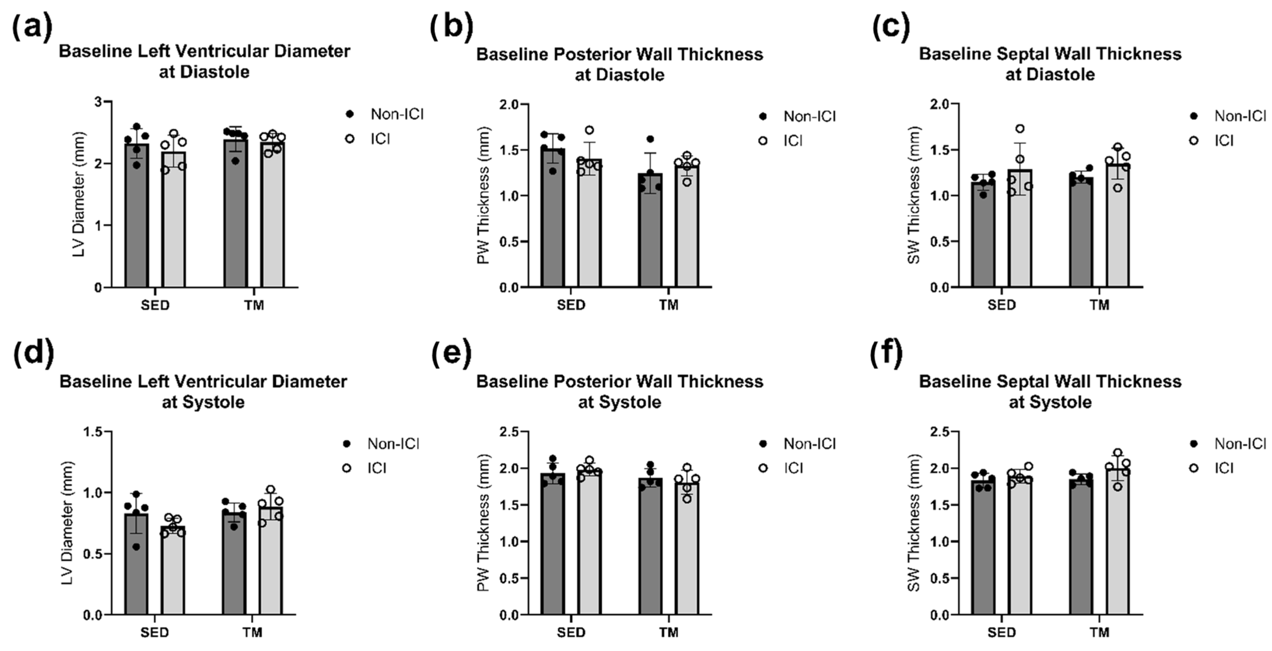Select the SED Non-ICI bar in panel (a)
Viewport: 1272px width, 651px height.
coord(137,222)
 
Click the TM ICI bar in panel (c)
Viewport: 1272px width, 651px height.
coord(1117,232)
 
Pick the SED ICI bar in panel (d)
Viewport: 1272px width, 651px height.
coord(173,573)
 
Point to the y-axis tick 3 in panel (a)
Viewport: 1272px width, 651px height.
coord(98,102)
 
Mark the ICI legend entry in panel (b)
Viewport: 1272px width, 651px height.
coord(792,141)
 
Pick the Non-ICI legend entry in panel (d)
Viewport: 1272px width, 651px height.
coord(393,444)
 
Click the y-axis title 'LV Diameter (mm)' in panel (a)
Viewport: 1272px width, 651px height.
coord(79,194)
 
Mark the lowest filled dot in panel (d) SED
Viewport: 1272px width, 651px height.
coord(136,547)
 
